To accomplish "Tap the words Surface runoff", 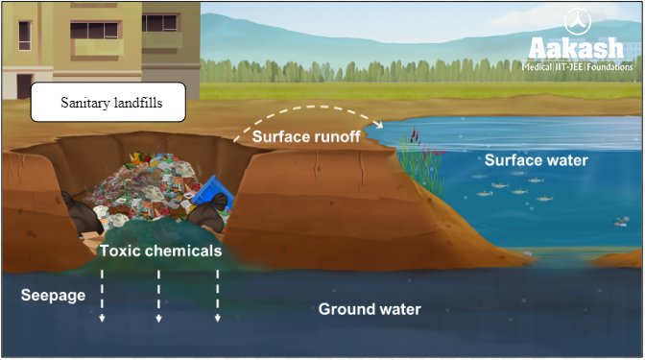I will (306, 137).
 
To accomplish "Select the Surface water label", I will (536, 160).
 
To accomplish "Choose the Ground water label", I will (370, 310).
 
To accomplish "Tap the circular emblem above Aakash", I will (579, 20).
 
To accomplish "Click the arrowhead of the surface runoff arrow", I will (381, 124).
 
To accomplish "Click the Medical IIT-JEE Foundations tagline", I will (578, 68).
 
